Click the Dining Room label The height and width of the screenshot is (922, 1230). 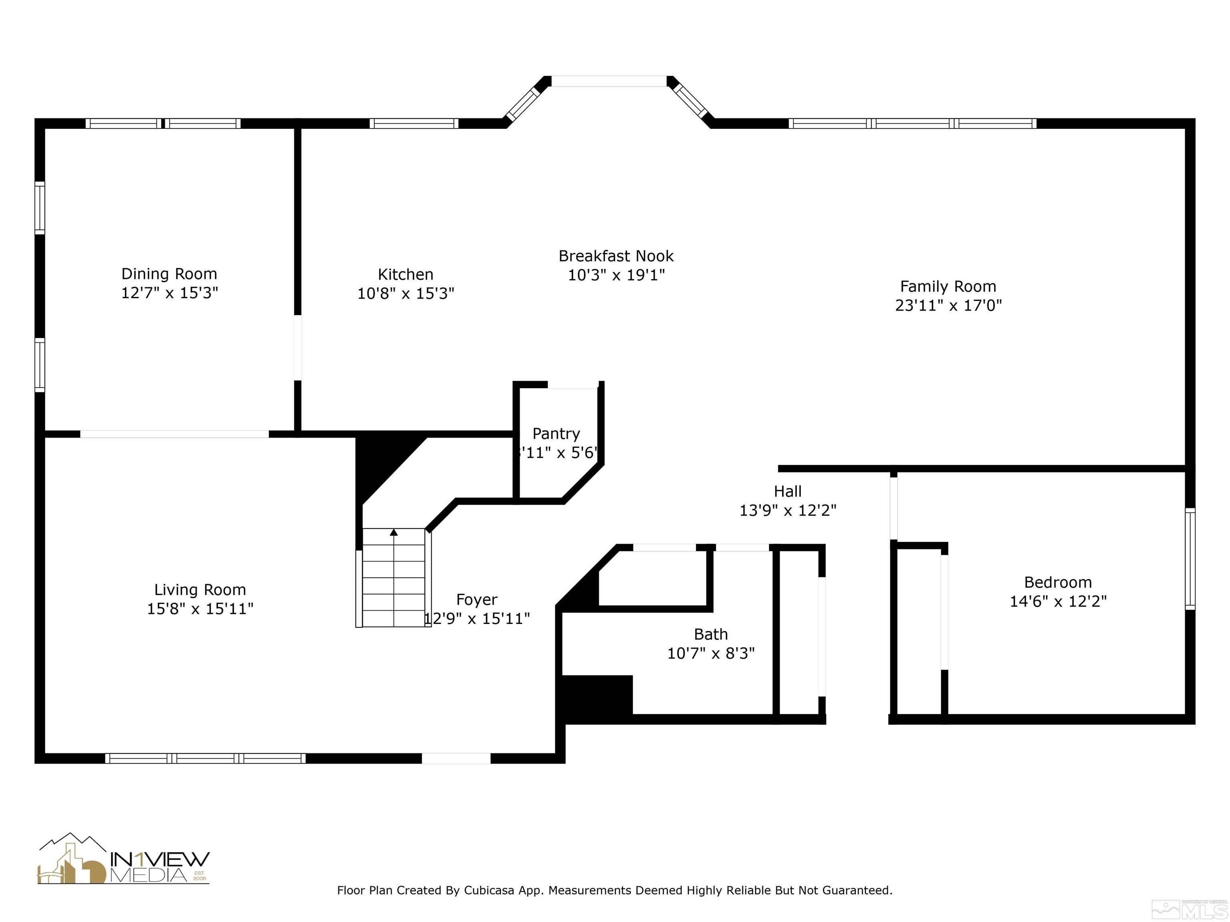169,274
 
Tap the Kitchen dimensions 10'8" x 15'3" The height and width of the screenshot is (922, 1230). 405,293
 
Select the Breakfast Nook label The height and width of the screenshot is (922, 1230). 615,256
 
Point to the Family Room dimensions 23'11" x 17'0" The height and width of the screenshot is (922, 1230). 948,305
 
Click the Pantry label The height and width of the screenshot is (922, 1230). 556,433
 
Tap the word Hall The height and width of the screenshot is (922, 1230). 788,491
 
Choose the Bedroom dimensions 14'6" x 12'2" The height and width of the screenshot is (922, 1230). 1057,601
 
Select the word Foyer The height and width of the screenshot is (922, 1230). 476,600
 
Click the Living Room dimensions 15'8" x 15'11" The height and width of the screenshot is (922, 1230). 200,609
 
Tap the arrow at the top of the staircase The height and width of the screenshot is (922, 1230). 394,532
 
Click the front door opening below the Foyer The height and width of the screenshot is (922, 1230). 456,758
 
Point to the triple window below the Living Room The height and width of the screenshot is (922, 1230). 205,758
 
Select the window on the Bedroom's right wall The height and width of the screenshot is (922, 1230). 1190,559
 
